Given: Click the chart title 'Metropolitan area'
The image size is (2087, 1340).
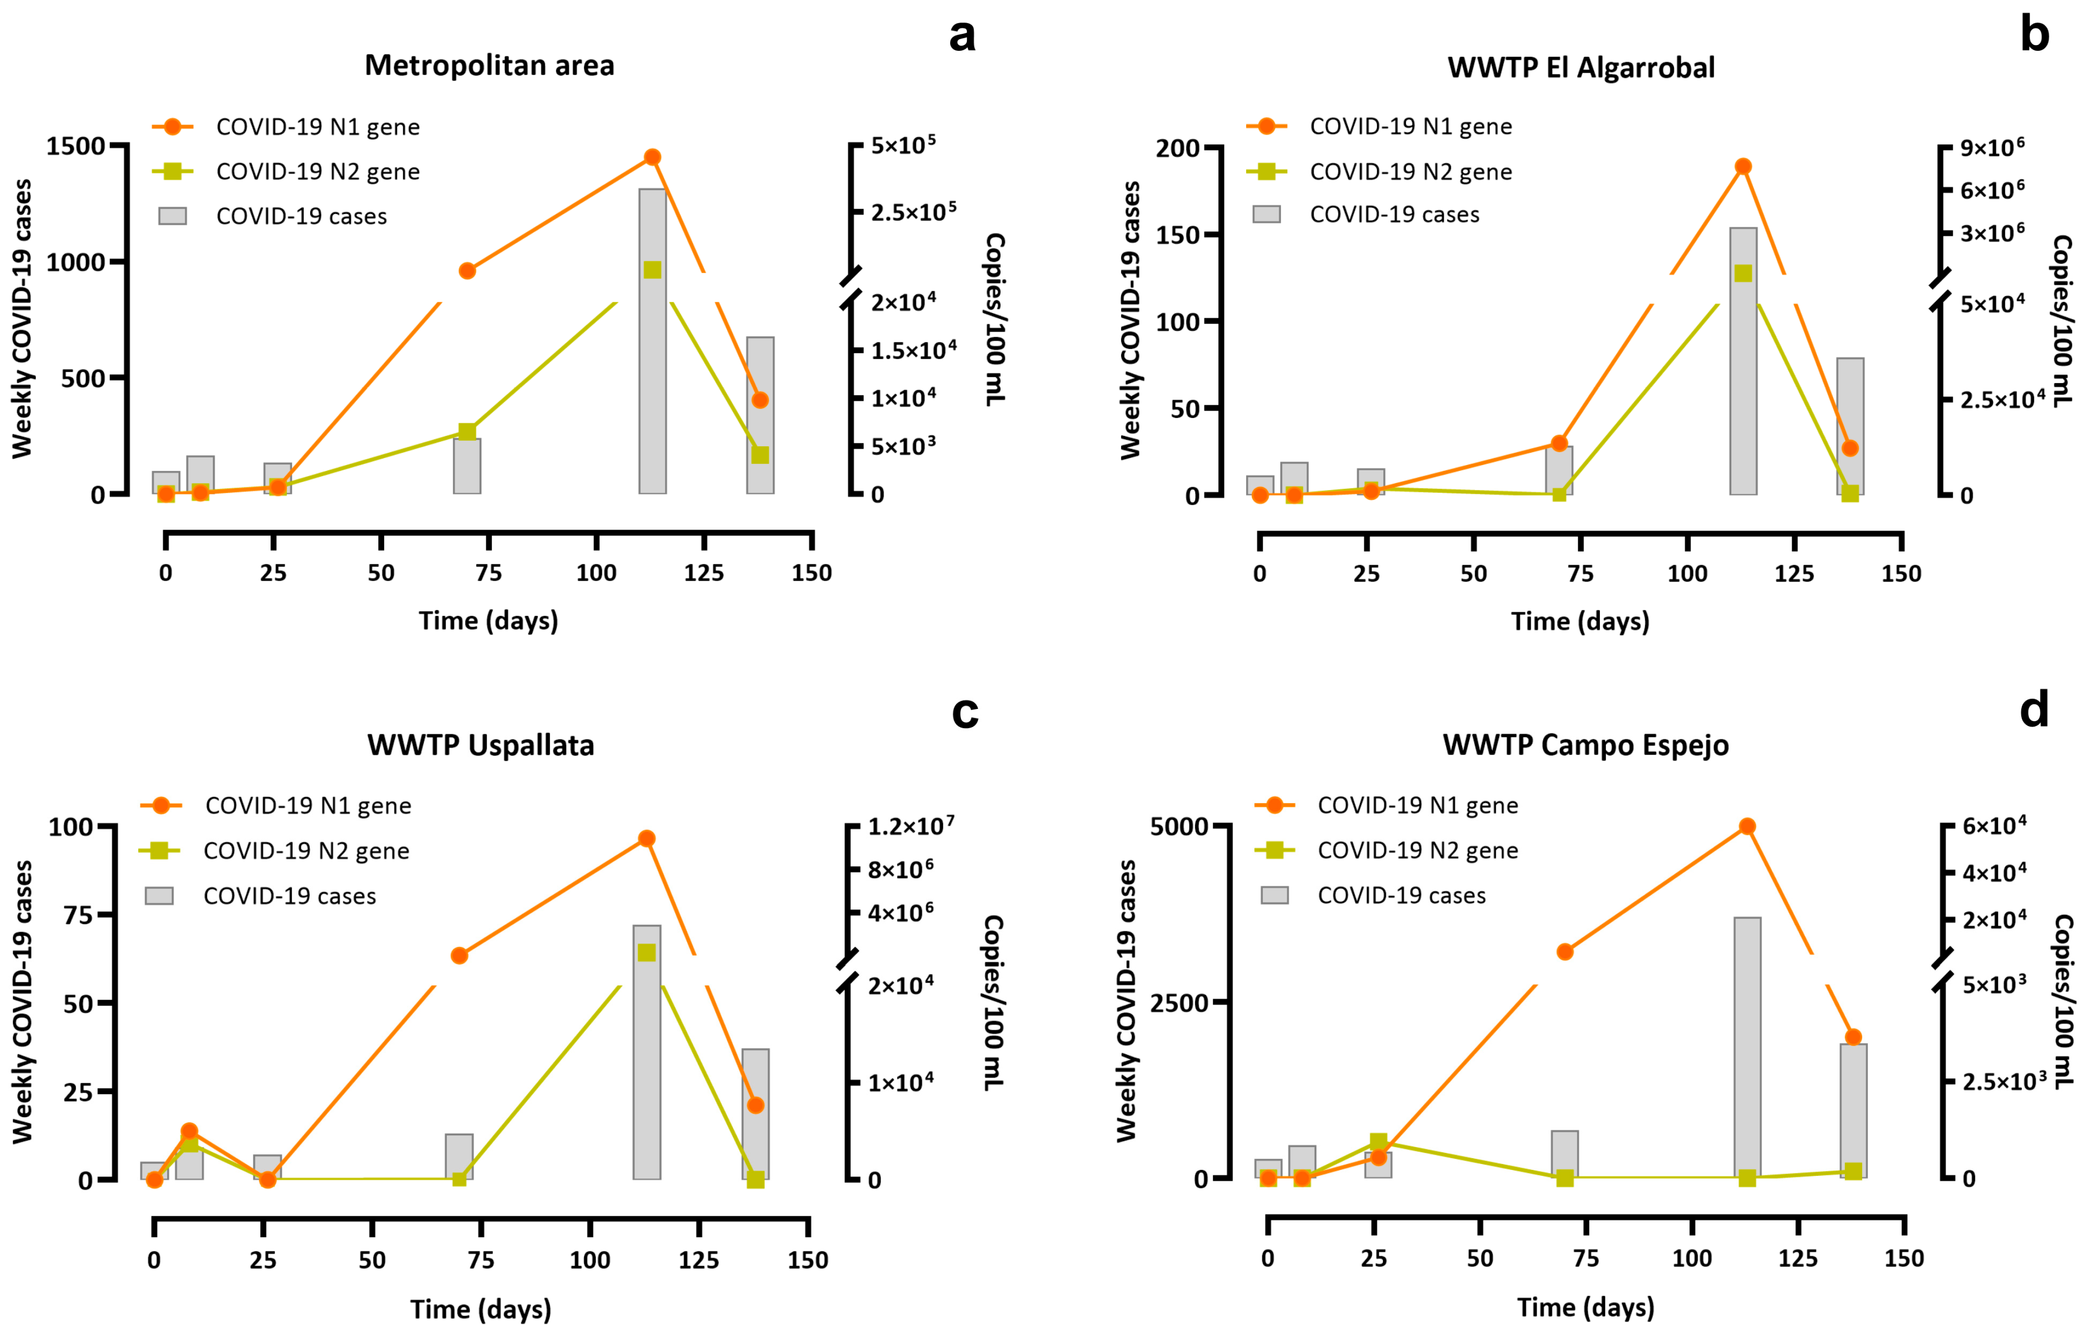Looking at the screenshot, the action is (489, 65).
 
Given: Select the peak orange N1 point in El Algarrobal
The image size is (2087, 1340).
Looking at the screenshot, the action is (1743, 166).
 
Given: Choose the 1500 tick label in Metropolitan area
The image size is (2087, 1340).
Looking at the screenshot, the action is (76, 146).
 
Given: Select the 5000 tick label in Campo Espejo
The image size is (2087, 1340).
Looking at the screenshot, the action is (1179, 827).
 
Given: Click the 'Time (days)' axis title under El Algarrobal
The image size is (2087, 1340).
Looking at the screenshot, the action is (1580, 621).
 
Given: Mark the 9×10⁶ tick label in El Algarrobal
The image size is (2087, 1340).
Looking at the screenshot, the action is (1992, 147).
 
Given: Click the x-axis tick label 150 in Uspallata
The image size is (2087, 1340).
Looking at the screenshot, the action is (808, 1260).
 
